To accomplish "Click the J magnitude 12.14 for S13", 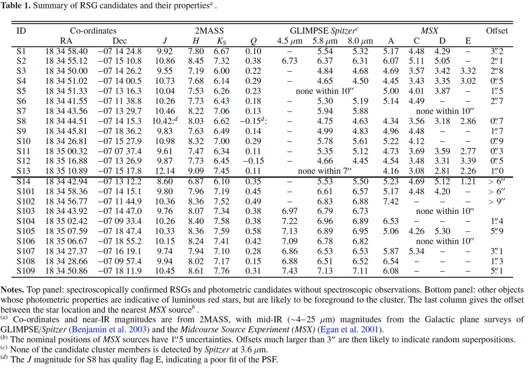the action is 165,171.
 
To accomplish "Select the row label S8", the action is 21,121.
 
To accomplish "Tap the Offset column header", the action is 497,31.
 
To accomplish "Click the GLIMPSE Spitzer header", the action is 324,31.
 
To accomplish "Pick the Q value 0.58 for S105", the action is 253,231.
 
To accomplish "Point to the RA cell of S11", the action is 66,151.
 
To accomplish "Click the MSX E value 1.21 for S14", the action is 468,181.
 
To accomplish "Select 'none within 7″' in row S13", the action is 325,171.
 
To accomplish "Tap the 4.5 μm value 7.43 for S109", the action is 290,271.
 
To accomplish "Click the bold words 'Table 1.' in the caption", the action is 15,5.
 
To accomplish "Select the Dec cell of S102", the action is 120,202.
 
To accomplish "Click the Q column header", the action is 253,41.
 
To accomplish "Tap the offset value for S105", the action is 497,231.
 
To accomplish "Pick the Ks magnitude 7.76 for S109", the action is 221,271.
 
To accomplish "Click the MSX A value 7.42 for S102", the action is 391,202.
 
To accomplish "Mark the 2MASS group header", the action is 209,31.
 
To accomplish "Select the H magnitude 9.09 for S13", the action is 196,171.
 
